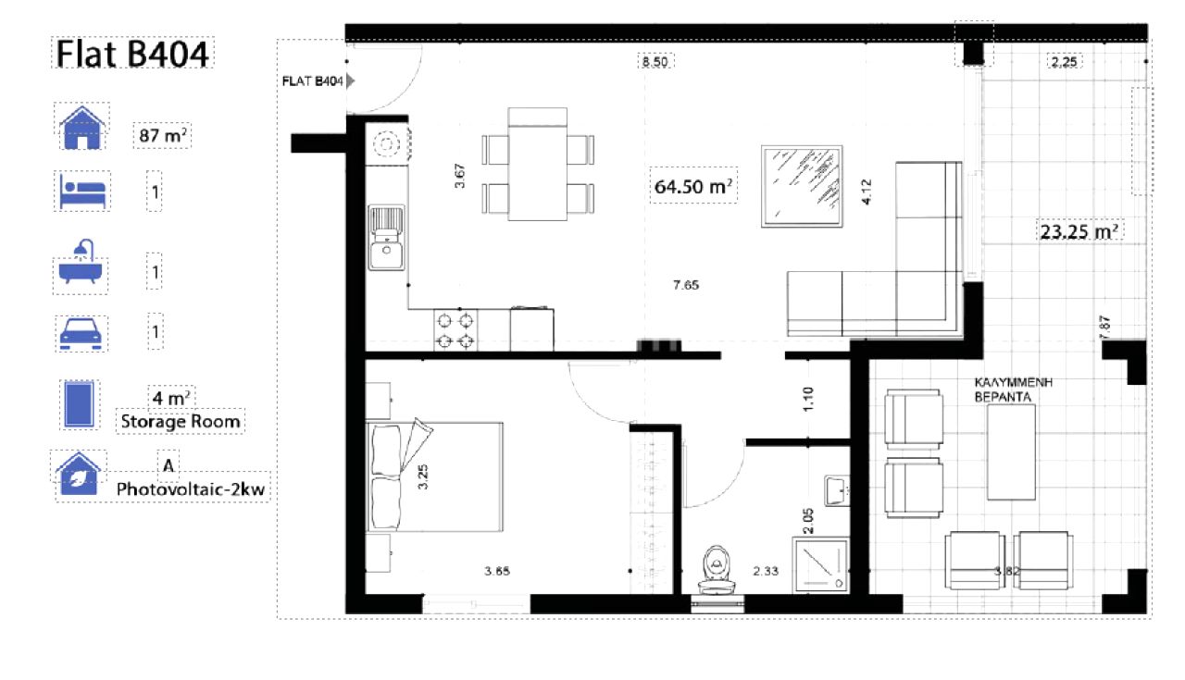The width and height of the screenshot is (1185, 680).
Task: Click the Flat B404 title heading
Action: point(132,54)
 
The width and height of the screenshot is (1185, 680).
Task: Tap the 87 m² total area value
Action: point(162,136)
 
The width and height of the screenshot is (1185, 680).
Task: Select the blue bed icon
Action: point(82,191)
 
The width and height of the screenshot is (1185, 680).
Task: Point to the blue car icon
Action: point(81,333)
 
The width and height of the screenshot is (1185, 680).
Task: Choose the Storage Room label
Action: point(181,422)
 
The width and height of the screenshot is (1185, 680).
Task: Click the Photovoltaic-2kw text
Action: point(191,489)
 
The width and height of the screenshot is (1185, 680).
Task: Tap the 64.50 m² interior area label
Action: point(693,186)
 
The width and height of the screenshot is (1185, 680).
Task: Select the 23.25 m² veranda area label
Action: point(1079,231)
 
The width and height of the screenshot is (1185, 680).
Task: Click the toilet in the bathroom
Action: point(717,570)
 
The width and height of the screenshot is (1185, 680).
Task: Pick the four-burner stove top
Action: point(455,330)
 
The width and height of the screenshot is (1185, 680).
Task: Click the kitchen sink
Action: point(386,238)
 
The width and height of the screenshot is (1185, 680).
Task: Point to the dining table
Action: point(538,164)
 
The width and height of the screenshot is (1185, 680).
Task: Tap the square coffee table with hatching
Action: point(802,187)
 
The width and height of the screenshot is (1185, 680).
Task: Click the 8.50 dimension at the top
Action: point(655,62)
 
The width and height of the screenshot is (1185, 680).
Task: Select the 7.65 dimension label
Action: point(686,285)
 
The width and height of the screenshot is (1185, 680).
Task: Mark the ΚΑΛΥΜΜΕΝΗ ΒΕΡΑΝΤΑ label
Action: point(1013,389)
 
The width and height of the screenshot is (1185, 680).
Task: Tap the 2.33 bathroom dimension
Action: point(766,571)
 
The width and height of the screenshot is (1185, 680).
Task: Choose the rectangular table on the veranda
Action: point(1011,452)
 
